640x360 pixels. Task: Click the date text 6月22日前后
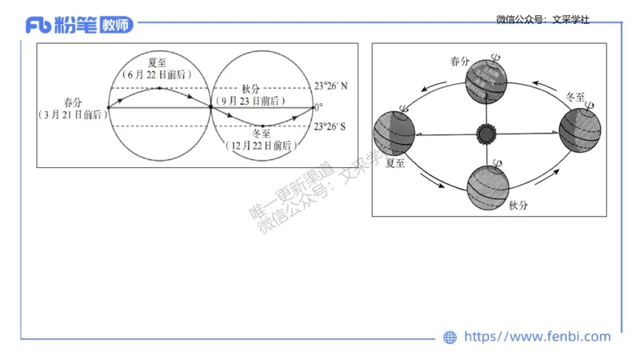[162, 74]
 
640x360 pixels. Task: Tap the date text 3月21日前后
[73, 115]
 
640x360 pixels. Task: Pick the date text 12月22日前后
[262, 146]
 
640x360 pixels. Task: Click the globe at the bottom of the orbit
[488, 185]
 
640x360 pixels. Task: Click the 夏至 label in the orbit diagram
[396, 162]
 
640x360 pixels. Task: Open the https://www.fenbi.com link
[537, 337]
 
